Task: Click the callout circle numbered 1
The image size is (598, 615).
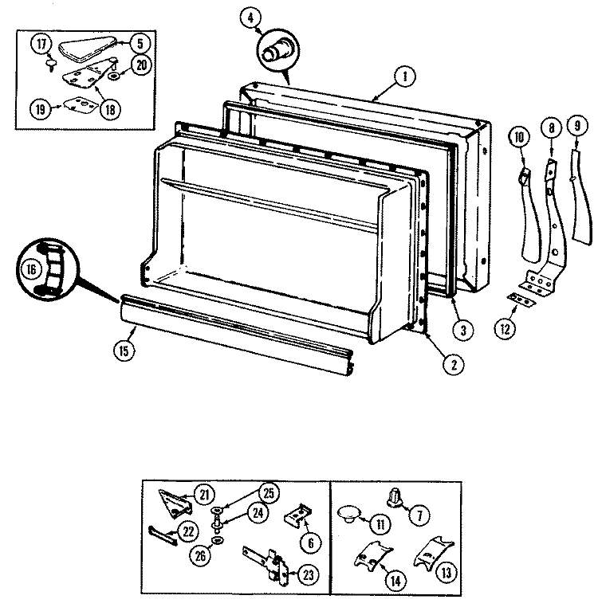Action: [405, 76]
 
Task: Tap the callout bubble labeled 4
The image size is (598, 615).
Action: [250, 18]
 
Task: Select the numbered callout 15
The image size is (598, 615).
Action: [124, 351]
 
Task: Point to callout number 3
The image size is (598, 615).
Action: [463, 330]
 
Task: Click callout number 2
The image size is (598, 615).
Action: [454, 364]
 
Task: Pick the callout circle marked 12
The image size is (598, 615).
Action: [506, 328]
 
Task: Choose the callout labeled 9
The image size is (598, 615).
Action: [576, 126]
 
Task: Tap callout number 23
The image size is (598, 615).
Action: [309, 574]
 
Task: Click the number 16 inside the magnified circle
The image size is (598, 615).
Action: [31, 269]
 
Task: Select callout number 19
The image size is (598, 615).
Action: [41, 108]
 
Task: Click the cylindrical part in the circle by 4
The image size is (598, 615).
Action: [276, 52]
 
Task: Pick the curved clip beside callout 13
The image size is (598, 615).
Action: [433, 553]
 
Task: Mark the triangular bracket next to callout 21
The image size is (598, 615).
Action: [175, 503]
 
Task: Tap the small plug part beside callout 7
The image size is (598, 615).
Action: [395, 497]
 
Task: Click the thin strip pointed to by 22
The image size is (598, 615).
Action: [163, 536]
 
